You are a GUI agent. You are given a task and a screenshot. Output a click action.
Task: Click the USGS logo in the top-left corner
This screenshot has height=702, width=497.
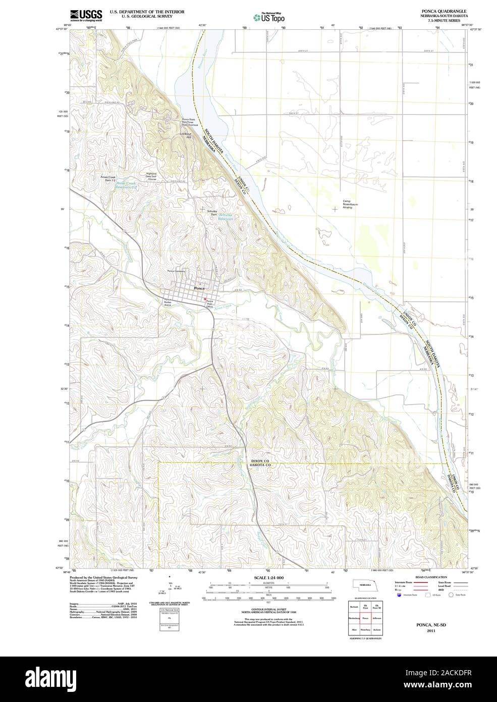tap(86, 15)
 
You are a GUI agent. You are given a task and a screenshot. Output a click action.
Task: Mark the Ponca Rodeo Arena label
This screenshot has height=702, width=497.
tap(168, 303)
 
